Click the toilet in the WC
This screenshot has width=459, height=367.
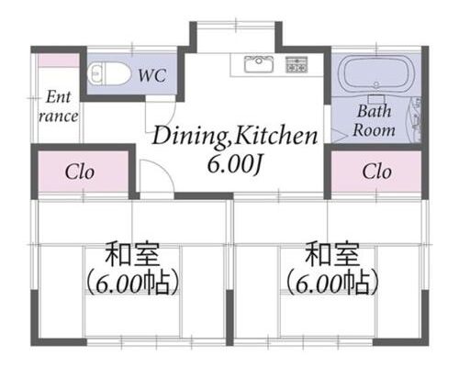[107, 73]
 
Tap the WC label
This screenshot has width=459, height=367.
[152, 75]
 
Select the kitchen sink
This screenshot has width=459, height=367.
[259, 64]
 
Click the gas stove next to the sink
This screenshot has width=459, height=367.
[297, 64]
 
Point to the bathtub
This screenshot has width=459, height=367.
[376, 73]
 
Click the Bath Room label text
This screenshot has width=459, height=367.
[374, 120]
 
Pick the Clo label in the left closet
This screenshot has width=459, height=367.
[79, 172]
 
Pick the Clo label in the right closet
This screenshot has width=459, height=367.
[376, 172]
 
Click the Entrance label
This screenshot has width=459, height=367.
[58, 106]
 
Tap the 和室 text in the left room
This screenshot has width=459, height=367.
[132, 254]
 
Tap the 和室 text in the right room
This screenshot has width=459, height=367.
[332, 254]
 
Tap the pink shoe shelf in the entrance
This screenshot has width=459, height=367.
[58, 61]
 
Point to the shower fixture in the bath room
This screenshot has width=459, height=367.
[415, 119]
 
